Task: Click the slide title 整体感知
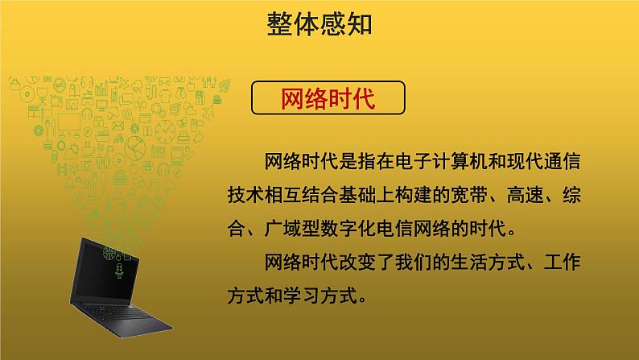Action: [319, 24]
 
